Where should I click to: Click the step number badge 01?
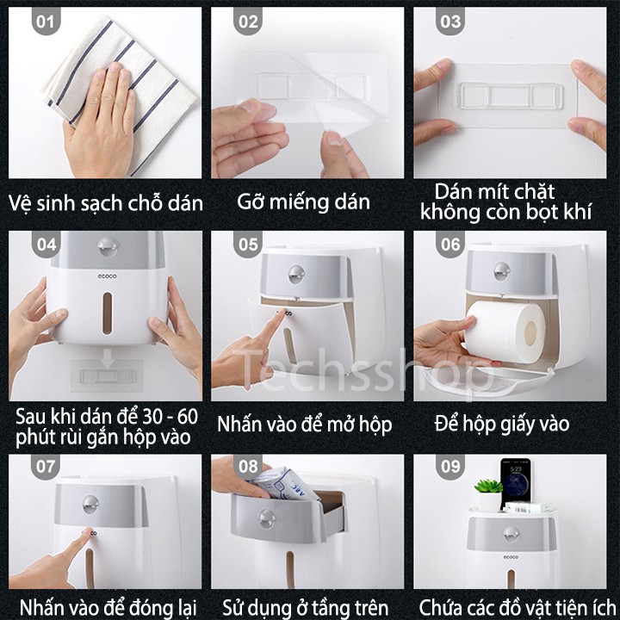pos(46,21)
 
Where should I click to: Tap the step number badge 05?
pos(248,244)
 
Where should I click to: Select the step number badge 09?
pos(450,466)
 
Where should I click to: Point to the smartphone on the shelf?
pos(515,483)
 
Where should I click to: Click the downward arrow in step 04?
pos(108,358)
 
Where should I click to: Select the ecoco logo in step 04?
pos(107,276)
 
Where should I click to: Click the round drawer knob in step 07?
pos(90,504)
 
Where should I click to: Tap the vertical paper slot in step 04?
pos(107,313)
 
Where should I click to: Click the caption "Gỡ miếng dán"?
pos(303,202)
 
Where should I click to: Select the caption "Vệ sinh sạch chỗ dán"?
pos(106,203)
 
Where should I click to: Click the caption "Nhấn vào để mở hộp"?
pos(305,425)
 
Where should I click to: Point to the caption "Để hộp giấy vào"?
pos(502,424)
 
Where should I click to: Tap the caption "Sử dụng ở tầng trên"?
pos(305,607)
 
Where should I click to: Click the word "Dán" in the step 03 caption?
pos(453,192)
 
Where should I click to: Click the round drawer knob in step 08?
pos(266,518)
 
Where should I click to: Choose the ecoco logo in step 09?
pos(511,557)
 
